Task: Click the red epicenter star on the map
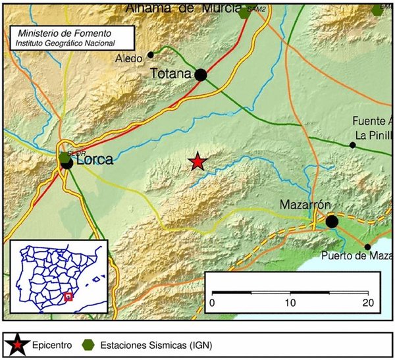[x=197, y=161]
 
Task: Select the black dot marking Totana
[x=201, y=75]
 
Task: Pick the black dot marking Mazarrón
[x=332, y=222]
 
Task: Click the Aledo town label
[x=130, y=59]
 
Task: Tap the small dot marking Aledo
[x=151, y=55]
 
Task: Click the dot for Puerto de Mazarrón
[x=367, y=247]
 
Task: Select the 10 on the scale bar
[x=290, y=303]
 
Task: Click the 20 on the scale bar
[x=367, y=303]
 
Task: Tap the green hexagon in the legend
[x=88, y=343]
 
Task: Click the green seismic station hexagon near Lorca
[x=64, y=157]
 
